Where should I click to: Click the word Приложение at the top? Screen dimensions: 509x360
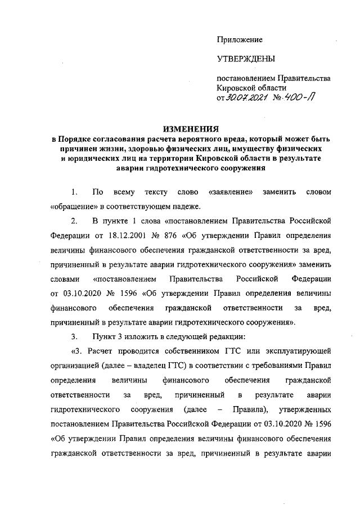240,39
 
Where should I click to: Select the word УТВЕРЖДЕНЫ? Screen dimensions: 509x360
246,59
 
